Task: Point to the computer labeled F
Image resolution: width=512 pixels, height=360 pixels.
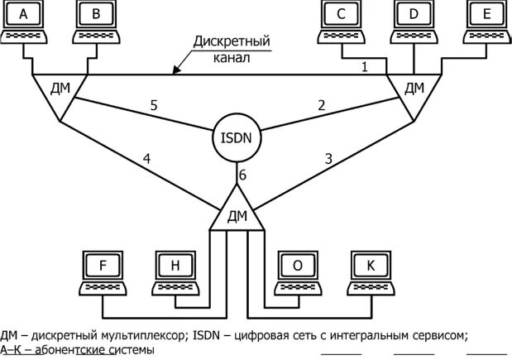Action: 103,272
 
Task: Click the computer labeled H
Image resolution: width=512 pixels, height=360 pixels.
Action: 175,272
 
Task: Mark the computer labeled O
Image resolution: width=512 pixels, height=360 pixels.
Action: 297,272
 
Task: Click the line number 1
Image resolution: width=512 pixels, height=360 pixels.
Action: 364,66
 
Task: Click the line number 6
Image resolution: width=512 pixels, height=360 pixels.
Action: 242,175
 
